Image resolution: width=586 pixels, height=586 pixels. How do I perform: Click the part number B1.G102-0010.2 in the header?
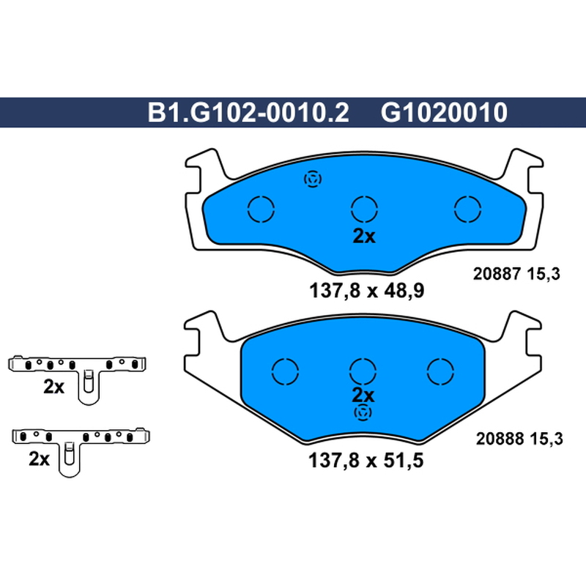point(248,113)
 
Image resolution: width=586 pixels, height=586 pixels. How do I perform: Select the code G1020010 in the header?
point(444,113)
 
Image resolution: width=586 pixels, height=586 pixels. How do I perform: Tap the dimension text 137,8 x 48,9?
point(367,290)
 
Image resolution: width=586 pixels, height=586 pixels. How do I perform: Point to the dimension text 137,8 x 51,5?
point(366,460)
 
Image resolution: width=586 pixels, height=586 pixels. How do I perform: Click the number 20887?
point(497,274)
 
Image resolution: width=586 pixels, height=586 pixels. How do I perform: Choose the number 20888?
point(500,438)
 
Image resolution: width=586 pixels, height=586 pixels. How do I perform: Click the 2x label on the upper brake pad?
point(364,236)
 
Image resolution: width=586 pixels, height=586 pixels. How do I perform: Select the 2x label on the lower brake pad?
point(363,396)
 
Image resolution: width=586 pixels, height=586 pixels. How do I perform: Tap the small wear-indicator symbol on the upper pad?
point(313,179)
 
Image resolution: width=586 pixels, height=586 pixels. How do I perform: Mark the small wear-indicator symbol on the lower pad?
point(363,412)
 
